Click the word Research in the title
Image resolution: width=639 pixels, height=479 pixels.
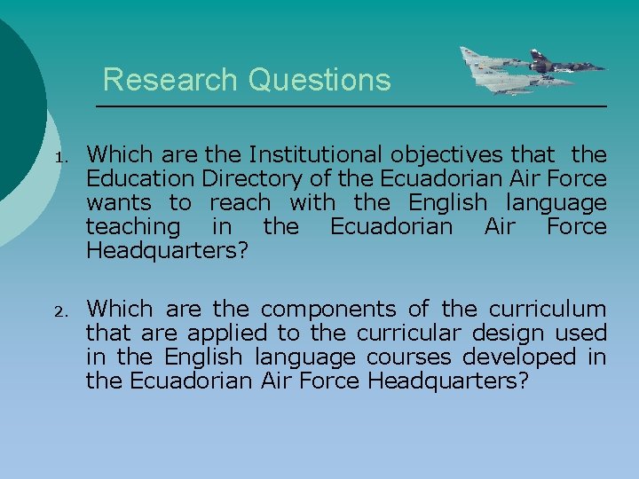[x=171, y=80]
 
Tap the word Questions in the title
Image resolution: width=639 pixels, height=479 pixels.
[x=319, y=80]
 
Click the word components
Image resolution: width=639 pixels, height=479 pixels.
[x=328, y=310]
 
